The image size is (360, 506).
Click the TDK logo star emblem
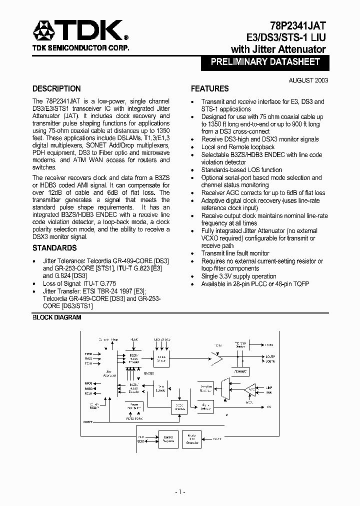click(x=45, y=31)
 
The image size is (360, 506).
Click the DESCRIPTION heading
click(x=56, y=89)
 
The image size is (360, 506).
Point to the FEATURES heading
click(x=210, y=89)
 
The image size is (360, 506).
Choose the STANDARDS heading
click(x=54, y=248)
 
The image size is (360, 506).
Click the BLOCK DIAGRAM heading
click(x=56, y=317)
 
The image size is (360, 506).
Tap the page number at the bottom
click(x=180, y=492)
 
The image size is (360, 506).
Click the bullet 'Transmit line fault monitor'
click(x=235, y=253)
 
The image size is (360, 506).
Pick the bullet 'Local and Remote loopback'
click(x=238, y=147)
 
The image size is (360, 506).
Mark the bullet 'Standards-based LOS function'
click(x=241, y=170)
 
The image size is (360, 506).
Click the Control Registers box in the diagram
click(x=168, y=439)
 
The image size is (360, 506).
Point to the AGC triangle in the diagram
click(x=252, y=389)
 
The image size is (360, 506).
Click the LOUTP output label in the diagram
click(x=270, y=356)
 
